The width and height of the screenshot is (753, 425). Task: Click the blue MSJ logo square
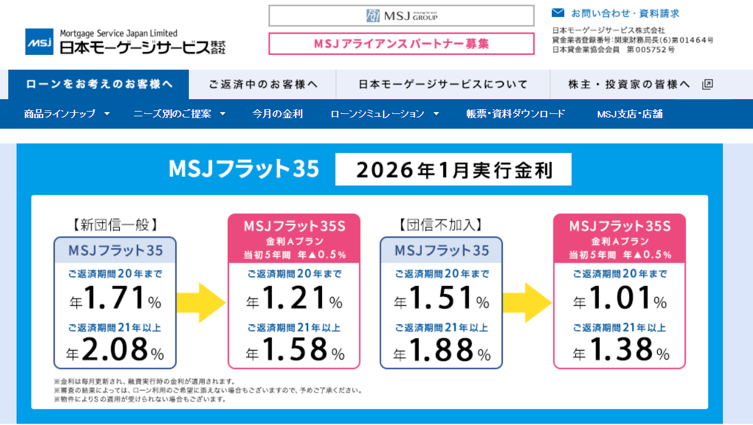(x=40, y=42)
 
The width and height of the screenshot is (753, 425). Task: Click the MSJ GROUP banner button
(x=401, y=16)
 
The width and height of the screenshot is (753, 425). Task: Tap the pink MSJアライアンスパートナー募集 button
(x=401, y=44)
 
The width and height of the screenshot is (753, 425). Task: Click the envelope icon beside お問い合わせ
(x=558, y=13)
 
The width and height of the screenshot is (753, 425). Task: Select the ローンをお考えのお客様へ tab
(x=99, y=84)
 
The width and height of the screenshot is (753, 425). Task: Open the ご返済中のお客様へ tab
(x=263, y=84)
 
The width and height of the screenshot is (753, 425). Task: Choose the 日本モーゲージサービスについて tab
(x=443, y=84)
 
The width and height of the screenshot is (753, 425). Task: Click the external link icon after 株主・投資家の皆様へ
(x=708, y=84)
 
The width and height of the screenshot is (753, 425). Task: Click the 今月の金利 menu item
(x=277, y=114)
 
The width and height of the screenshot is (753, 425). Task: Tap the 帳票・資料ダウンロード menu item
(x=516, y=114)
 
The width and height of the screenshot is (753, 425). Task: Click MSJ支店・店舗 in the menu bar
(x=630, y=114)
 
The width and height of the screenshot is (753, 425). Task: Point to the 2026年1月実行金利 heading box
(x=453, y=170)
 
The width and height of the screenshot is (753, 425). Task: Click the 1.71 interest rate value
(x=115, y=298)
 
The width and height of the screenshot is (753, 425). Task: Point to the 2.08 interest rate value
(x=115, y=351)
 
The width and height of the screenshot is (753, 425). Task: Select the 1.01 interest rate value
(x=620, y=298)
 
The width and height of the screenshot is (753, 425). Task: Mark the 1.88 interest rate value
(x=441, y=351)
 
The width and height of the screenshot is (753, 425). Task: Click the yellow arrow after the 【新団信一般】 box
(x=201, y=303)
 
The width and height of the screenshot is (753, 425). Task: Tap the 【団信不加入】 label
(x=440, y=225)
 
